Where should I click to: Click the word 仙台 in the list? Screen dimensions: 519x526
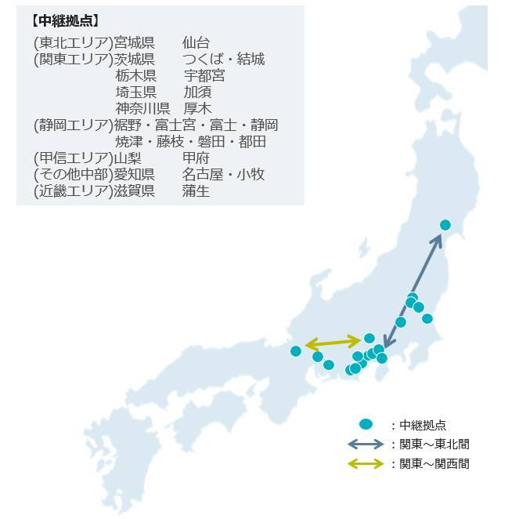[196, 42]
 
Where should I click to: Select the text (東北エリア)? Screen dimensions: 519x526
[73, 42]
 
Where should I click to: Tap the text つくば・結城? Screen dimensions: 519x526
[223, 59]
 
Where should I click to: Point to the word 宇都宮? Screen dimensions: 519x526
[204, 75]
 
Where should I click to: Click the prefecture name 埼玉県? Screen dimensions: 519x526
[135, 92]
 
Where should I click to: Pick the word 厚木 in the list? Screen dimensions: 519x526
[197, 108]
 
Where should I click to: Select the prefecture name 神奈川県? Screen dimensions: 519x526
[142, 108]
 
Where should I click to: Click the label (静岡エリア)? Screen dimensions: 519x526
[73, 125]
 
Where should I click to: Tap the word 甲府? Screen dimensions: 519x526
[196, 158]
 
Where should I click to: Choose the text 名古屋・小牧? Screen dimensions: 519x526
[223, 174]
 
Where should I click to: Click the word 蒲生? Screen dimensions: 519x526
[196, 191]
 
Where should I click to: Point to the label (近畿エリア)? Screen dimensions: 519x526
[73, 191]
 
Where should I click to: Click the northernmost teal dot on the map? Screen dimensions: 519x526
[445, 225]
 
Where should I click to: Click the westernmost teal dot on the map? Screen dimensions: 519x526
[295, 351]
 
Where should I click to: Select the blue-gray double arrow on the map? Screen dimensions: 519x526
[413, 290]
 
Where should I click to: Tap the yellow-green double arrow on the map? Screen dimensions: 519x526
[333, 343]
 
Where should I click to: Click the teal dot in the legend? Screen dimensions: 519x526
[365, 424]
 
